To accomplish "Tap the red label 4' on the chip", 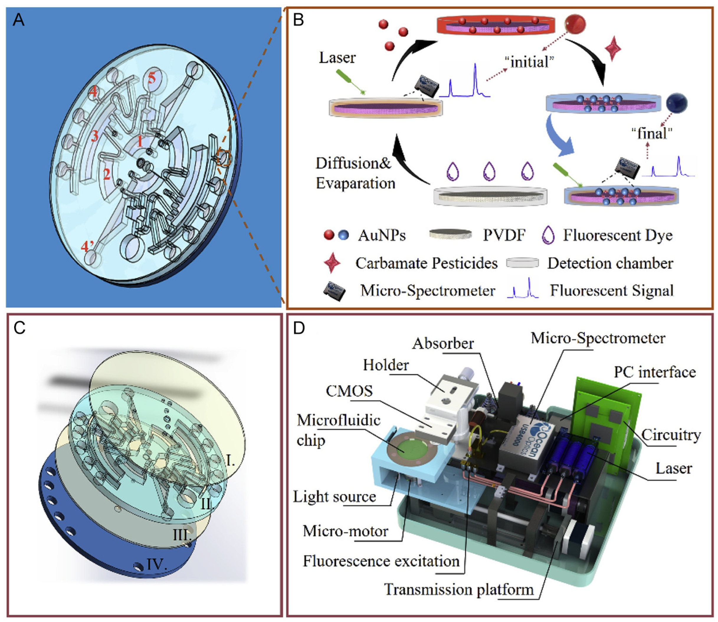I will (x=87, y=247).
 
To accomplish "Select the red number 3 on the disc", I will (x=95, y=136).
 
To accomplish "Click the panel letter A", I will (x=18, y=20).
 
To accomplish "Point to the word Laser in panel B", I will (x=337, y=58).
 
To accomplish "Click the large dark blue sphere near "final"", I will (x=677, y=103).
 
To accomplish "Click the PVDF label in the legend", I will (x=504, y=236).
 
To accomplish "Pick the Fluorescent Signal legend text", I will (x=612, y=291).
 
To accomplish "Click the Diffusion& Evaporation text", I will (x=355, y=173).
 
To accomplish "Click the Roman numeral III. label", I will (x=182, y=535).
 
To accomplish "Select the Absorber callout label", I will (x=443, y=343).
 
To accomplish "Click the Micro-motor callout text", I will (x=345, y=531).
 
